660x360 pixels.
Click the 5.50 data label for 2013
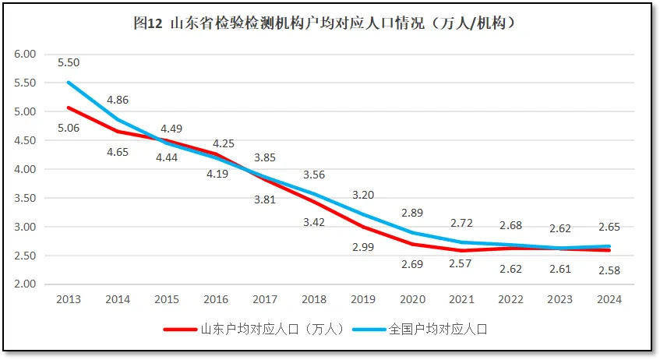pos(69,63)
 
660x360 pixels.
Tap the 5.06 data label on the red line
pos(69,128)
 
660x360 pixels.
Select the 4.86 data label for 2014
pos(118,100)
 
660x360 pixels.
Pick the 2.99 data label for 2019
pos(363,247)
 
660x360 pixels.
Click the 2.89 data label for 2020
pos(412,213)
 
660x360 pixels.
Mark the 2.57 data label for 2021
pos(461,264)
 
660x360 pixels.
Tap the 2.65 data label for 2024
pos(609,228)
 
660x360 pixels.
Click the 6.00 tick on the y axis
pos(26,54)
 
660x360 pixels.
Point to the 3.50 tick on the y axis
pos(26,198)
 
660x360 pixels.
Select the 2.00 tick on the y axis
pos(26,284)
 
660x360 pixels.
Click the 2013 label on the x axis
pos(69,299)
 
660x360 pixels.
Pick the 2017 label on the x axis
pos(265,299)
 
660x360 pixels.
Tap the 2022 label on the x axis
pos(510,299)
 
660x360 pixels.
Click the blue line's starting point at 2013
pos(69,83)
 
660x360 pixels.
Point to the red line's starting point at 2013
pos(69,108)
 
